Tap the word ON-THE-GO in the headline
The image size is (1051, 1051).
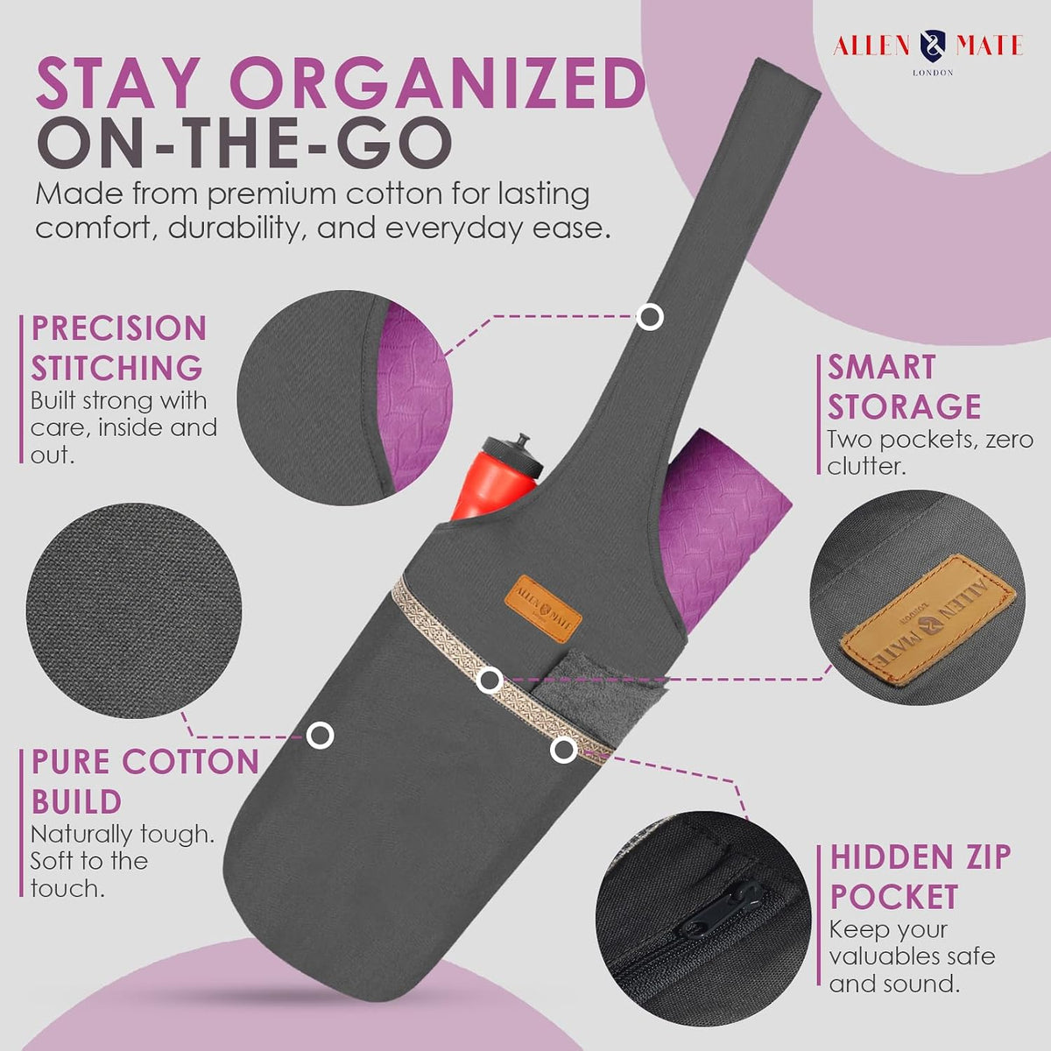[x=244, y=143]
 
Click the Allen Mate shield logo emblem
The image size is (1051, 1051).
[x=933, y=46]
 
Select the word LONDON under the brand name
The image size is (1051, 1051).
[x=933, y=73]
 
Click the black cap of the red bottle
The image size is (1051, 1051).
[x=514, y=456]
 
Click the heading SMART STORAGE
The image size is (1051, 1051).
[x=904, y=387]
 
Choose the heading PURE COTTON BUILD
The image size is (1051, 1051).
[x=145, y=781]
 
